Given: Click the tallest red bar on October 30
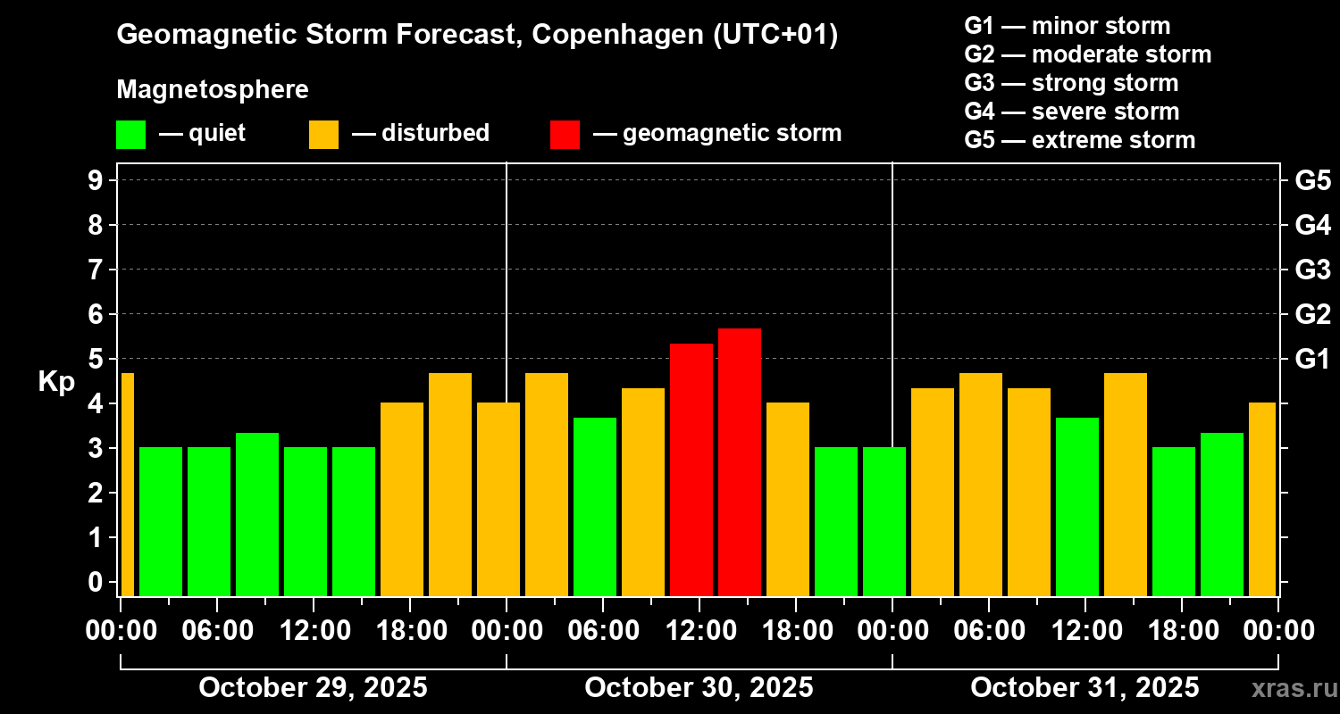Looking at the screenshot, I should pos(740,461).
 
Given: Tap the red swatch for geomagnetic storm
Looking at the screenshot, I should pos(565,134).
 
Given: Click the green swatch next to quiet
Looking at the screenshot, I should pos(130,134).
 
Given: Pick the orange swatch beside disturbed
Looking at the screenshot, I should pos(323,134).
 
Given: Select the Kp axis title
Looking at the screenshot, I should pos(55,381).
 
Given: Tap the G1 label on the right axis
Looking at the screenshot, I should pos(1312,360).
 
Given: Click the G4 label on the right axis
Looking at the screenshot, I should pos(1312,225).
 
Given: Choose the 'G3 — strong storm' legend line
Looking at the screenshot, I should pos(1071,83).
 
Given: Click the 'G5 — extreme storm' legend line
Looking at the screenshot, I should pos(1079,140).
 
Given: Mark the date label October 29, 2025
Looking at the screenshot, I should pos(313,687).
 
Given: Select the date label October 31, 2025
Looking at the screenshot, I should pos(1085,687).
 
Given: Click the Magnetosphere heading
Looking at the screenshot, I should pos(213,90).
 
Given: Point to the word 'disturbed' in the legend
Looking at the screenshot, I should pos(435,133).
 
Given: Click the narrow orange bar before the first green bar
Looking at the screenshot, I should pos(127,484).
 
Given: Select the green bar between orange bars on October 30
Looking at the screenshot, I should pos(595,506).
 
